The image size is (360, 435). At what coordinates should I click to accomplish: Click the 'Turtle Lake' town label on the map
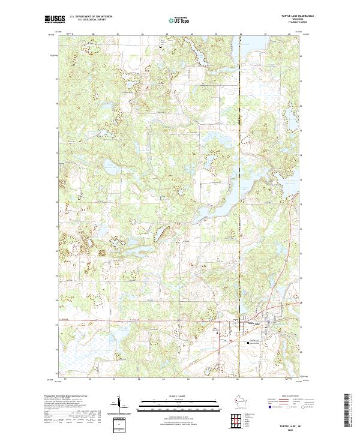coord(249,323)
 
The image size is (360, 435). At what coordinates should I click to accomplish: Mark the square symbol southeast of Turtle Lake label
coord(250,343)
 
